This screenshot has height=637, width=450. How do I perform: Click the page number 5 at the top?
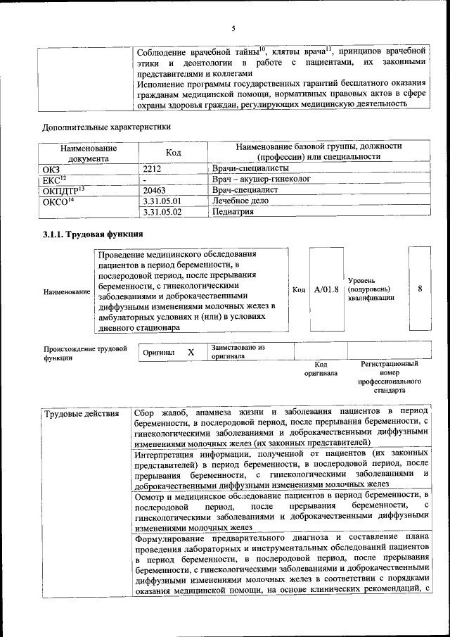pyautogui.click(x=233, y=28)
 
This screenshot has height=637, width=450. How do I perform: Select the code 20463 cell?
pyautogui.click(x=156, y=190)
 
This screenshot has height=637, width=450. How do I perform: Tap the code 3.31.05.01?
pyautogui.click(x=162, y=201)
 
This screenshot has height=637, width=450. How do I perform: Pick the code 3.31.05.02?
pyautogui.click(x=162, y=211)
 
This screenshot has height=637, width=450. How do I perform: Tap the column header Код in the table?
pyautogui.click(x=173, y=153)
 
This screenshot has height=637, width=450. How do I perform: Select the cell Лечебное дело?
pyautogui.click(x=240, y=201)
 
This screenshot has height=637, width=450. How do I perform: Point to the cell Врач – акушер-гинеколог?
pyautogui.click(x=261, y=180)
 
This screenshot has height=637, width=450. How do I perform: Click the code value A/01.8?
pyautogui.click(x=326, y=289)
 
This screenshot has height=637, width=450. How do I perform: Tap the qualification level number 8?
pyautogui.click(x=420, y=289)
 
